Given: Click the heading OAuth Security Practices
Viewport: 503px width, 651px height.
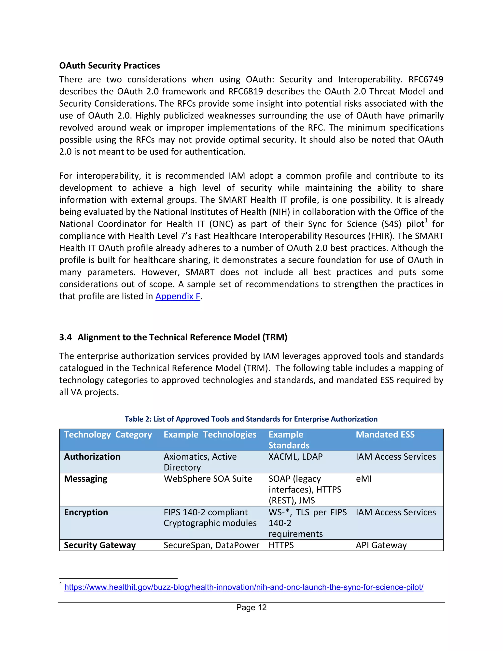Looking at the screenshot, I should (109, 66).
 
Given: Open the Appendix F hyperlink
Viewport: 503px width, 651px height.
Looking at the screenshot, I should (178, 296).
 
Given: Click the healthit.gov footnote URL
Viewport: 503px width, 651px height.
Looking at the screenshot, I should (244, 587).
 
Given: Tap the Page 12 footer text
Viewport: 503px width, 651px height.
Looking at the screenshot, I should (251, 608).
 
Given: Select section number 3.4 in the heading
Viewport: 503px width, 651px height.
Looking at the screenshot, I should (65, 337).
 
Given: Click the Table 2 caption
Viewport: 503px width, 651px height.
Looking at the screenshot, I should (251, 419).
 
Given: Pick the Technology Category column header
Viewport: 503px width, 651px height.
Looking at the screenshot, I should (108, 435).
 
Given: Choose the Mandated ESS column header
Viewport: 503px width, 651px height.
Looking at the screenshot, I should (385, 435).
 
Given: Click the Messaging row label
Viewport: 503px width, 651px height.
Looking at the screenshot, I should (85, 479).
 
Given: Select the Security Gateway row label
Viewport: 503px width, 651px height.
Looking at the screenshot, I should (100, 545).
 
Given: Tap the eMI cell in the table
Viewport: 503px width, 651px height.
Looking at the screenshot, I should (363, 479).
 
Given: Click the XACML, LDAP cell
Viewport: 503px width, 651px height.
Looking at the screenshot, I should (295, 457).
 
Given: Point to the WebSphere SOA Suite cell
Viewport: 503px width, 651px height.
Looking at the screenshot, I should (208, 479).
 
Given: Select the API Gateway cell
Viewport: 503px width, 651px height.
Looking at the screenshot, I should (381, 545).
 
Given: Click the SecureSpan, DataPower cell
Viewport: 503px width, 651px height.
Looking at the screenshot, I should (211, 545).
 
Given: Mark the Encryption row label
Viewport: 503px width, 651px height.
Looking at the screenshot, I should (86, 512).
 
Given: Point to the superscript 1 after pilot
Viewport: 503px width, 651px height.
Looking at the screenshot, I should (426, 221).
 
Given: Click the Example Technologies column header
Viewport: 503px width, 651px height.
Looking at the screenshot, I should (210, 435).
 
